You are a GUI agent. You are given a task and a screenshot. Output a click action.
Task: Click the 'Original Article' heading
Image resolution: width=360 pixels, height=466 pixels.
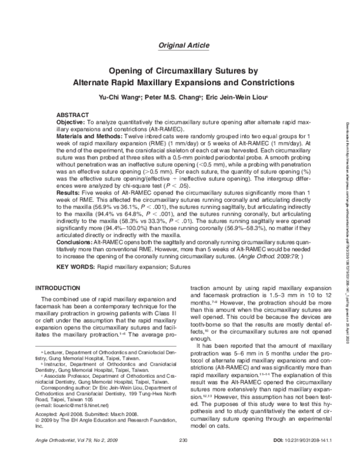[x=180, y=46]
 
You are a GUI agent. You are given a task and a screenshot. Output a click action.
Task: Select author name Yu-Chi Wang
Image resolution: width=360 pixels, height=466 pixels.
[x=119, y=97]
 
